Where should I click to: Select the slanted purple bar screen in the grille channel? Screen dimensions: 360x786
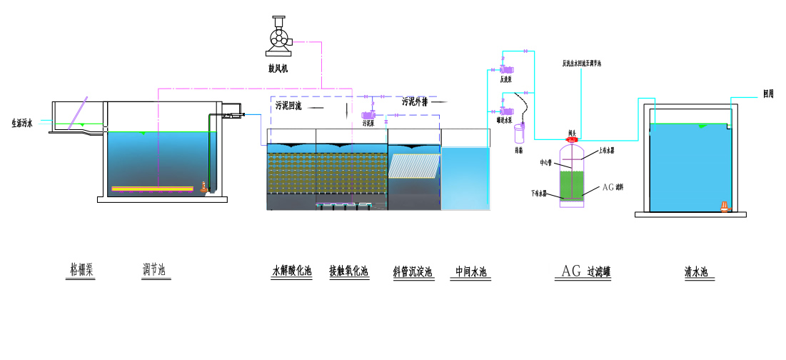[x=78, y=113]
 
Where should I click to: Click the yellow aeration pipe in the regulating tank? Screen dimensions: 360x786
[x=152, y=189]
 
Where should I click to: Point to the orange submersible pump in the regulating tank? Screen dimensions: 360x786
[x=205, y=187]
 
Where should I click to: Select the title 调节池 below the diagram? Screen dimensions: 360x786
[x=155, y=270]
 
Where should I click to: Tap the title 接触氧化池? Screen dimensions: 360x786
[x=348, y=271]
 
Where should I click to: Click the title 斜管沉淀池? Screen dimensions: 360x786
[x=413, y=271]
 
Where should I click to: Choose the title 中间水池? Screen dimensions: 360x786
[x=471, y=271]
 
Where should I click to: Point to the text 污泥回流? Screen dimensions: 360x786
[x=289, y=106]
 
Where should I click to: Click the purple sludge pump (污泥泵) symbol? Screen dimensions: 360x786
[x=370, y=114]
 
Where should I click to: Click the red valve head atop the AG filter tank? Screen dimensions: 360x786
[x=572, y=139]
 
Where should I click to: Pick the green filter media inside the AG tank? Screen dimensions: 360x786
[x=572, y=184]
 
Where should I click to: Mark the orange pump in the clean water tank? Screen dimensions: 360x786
[x=725, y=206]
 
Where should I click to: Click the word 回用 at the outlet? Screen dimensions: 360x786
[x=768, y=94]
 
